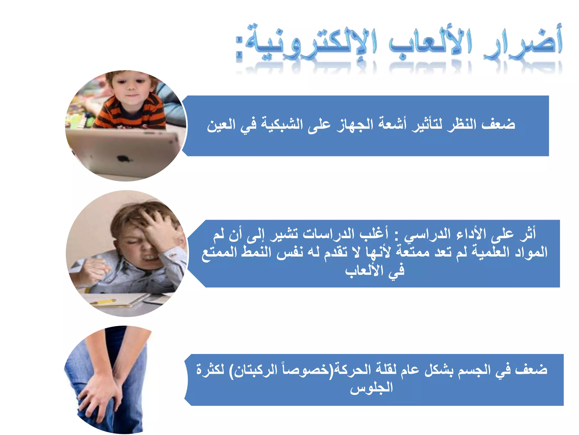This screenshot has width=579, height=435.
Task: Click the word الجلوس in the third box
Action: point(371,387)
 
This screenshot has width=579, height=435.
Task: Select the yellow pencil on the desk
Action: point(103,302)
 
